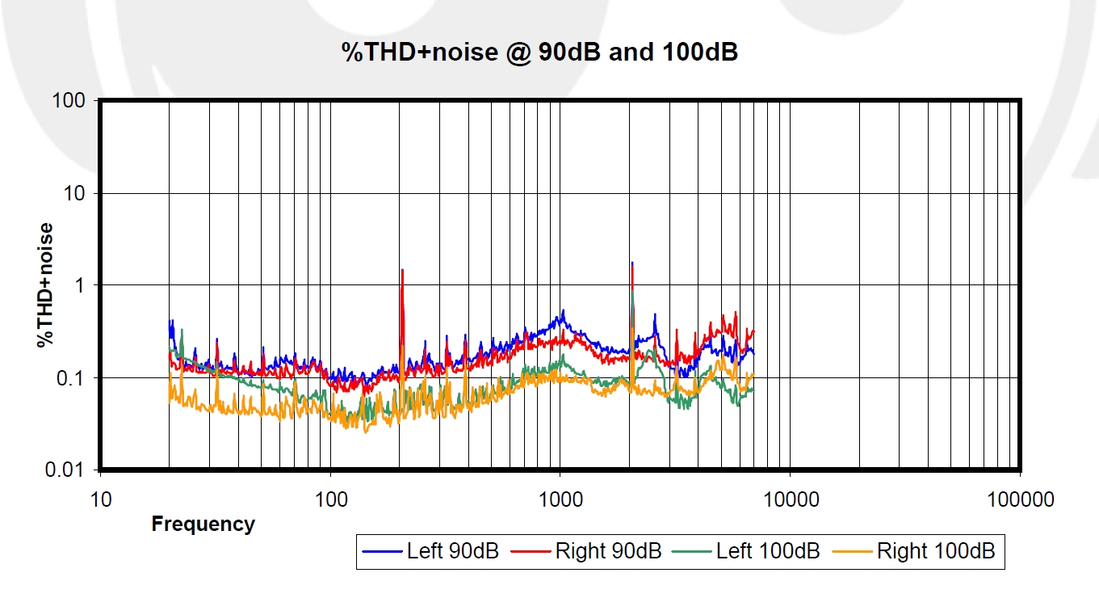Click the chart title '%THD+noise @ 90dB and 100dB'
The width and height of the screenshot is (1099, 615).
tap(539, 53)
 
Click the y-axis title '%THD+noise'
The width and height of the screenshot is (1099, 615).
tap(45, 284)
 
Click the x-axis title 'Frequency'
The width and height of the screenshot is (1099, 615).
tap(203, 524)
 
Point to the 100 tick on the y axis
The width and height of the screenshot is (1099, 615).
tap(69, 100)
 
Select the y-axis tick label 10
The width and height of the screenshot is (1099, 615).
tap(75, 193)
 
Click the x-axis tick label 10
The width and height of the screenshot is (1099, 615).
tap(100, 499)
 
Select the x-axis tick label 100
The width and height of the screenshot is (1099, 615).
tap(330, 499)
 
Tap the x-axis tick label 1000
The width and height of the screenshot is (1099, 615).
tap(560, 499)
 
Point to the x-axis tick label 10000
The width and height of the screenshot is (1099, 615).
tap(790, 499)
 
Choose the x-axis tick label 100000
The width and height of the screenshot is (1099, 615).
tap(1020, 499)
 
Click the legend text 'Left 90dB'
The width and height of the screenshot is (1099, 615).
tap(452, 551)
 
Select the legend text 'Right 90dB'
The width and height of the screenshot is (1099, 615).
tap(608, 551)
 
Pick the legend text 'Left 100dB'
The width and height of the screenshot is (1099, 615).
tap(768, 551)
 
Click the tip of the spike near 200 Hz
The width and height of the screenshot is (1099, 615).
tap(402, 270)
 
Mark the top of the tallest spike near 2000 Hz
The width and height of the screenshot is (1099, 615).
tap(632, 263)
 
